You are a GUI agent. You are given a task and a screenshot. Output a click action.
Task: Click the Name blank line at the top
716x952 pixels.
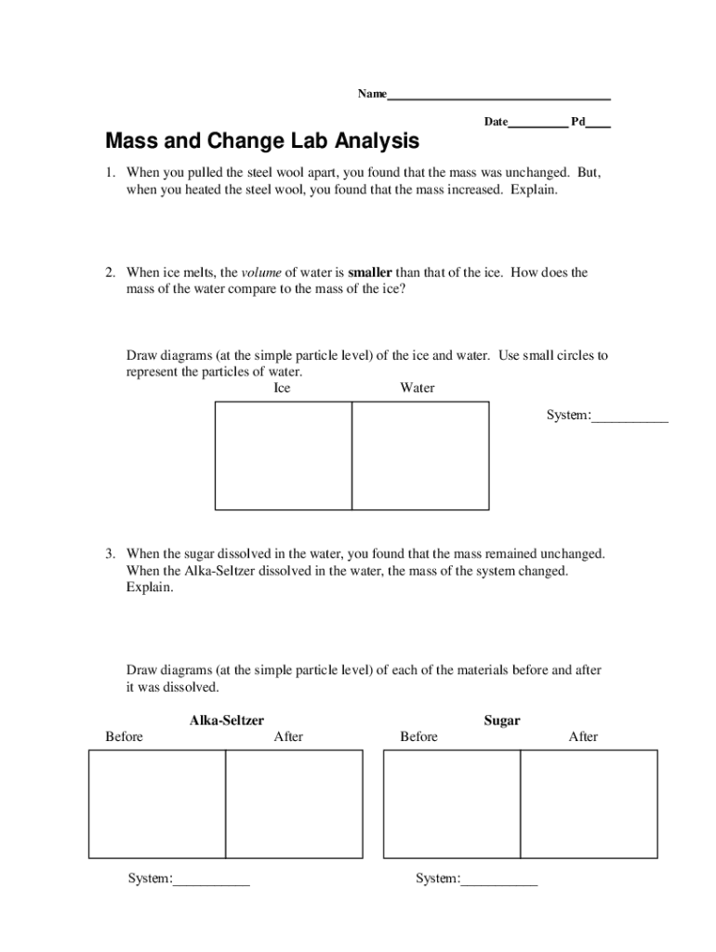(498, 94)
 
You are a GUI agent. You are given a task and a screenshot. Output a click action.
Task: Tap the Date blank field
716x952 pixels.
(537, 122)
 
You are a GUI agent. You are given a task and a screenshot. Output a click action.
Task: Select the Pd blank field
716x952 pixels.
(598, 122)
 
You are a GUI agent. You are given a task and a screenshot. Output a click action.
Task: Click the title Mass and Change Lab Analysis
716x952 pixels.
(262, 141)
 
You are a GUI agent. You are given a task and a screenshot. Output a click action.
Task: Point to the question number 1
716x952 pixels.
(109, 173)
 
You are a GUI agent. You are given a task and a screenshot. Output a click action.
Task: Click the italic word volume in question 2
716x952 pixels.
(261, 272)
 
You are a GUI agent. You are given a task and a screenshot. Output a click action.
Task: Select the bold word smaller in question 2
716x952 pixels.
(370, 272)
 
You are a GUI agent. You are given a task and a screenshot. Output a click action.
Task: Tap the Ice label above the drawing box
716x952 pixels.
(282, 388)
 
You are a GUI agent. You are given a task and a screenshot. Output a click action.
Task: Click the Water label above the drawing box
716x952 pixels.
(417, 388)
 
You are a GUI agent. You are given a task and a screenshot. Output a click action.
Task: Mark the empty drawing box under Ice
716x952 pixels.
(284, 456)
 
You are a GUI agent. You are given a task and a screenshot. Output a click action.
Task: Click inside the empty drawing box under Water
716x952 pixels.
(420, 456)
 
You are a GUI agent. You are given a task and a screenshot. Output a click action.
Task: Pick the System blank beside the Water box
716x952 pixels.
(630, 416)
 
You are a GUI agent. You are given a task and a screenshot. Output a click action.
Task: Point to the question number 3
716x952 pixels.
(109, 554)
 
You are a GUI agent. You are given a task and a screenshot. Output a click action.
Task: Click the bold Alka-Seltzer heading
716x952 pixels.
(227, 721)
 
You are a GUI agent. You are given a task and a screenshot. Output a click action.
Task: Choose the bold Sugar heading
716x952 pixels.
(502, 721)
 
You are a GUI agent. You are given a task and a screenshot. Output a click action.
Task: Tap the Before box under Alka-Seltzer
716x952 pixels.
(157, 804)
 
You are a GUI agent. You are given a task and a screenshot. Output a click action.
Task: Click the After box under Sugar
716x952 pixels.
(589, 804)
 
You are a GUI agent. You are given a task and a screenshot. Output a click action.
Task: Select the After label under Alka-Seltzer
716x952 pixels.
(288, 737)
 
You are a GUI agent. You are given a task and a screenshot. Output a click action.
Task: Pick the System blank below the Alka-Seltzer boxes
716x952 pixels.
(211, 879)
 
